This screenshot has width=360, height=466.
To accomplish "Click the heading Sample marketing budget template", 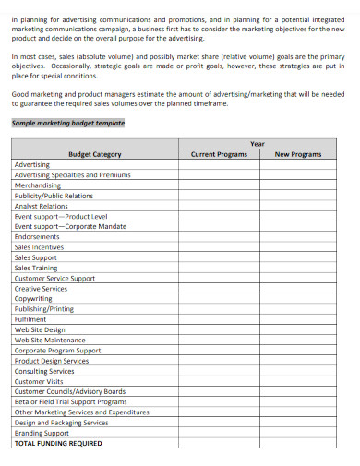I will [67, 123].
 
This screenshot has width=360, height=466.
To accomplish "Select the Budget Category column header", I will [95, 154].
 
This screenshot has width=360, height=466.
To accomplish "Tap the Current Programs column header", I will [219, 154].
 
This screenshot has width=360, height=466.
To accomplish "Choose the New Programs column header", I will [298, 154].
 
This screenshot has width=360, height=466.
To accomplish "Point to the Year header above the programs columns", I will [258, 144].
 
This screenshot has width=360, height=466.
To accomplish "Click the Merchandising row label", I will [38, 185].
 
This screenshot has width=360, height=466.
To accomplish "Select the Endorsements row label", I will [37, 236].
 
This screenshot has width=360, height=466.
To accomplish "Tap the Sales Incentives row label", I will [40, 246].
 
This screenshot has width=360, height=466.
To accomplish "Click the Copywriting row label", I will [33, 298].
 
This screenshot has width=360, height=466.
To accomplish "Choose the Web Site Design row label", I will [40, 329].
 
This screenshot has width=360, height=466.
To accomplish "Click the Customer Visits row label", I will [39, 381].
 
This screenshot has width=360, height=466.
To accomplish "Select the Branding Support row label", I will [42, 433].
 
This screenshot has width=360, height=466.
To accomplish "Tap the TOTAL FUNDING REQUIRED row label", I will [58, 443].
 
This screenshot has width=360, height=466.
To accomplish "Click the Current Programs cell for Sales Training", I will [219, 268].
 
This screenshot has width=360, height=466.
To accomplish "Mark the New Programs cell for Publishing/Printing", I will [298, 309].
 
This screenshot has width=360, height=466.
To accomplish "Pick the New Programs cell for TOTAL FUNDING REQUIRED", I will [298, 443].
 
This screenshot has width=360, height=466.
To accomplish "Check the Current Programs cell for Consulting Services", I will [219, 371].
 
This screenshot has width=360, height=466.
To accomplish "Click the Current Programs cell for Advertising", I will [219, 164].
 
